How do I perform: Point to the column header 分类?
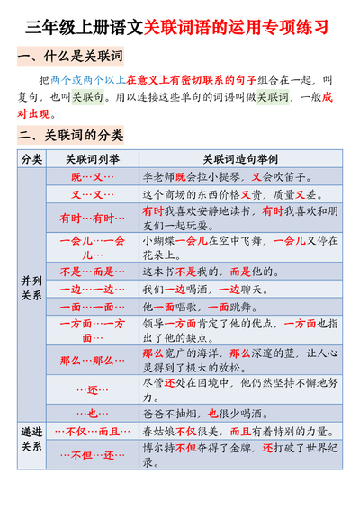coord(31,159)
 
